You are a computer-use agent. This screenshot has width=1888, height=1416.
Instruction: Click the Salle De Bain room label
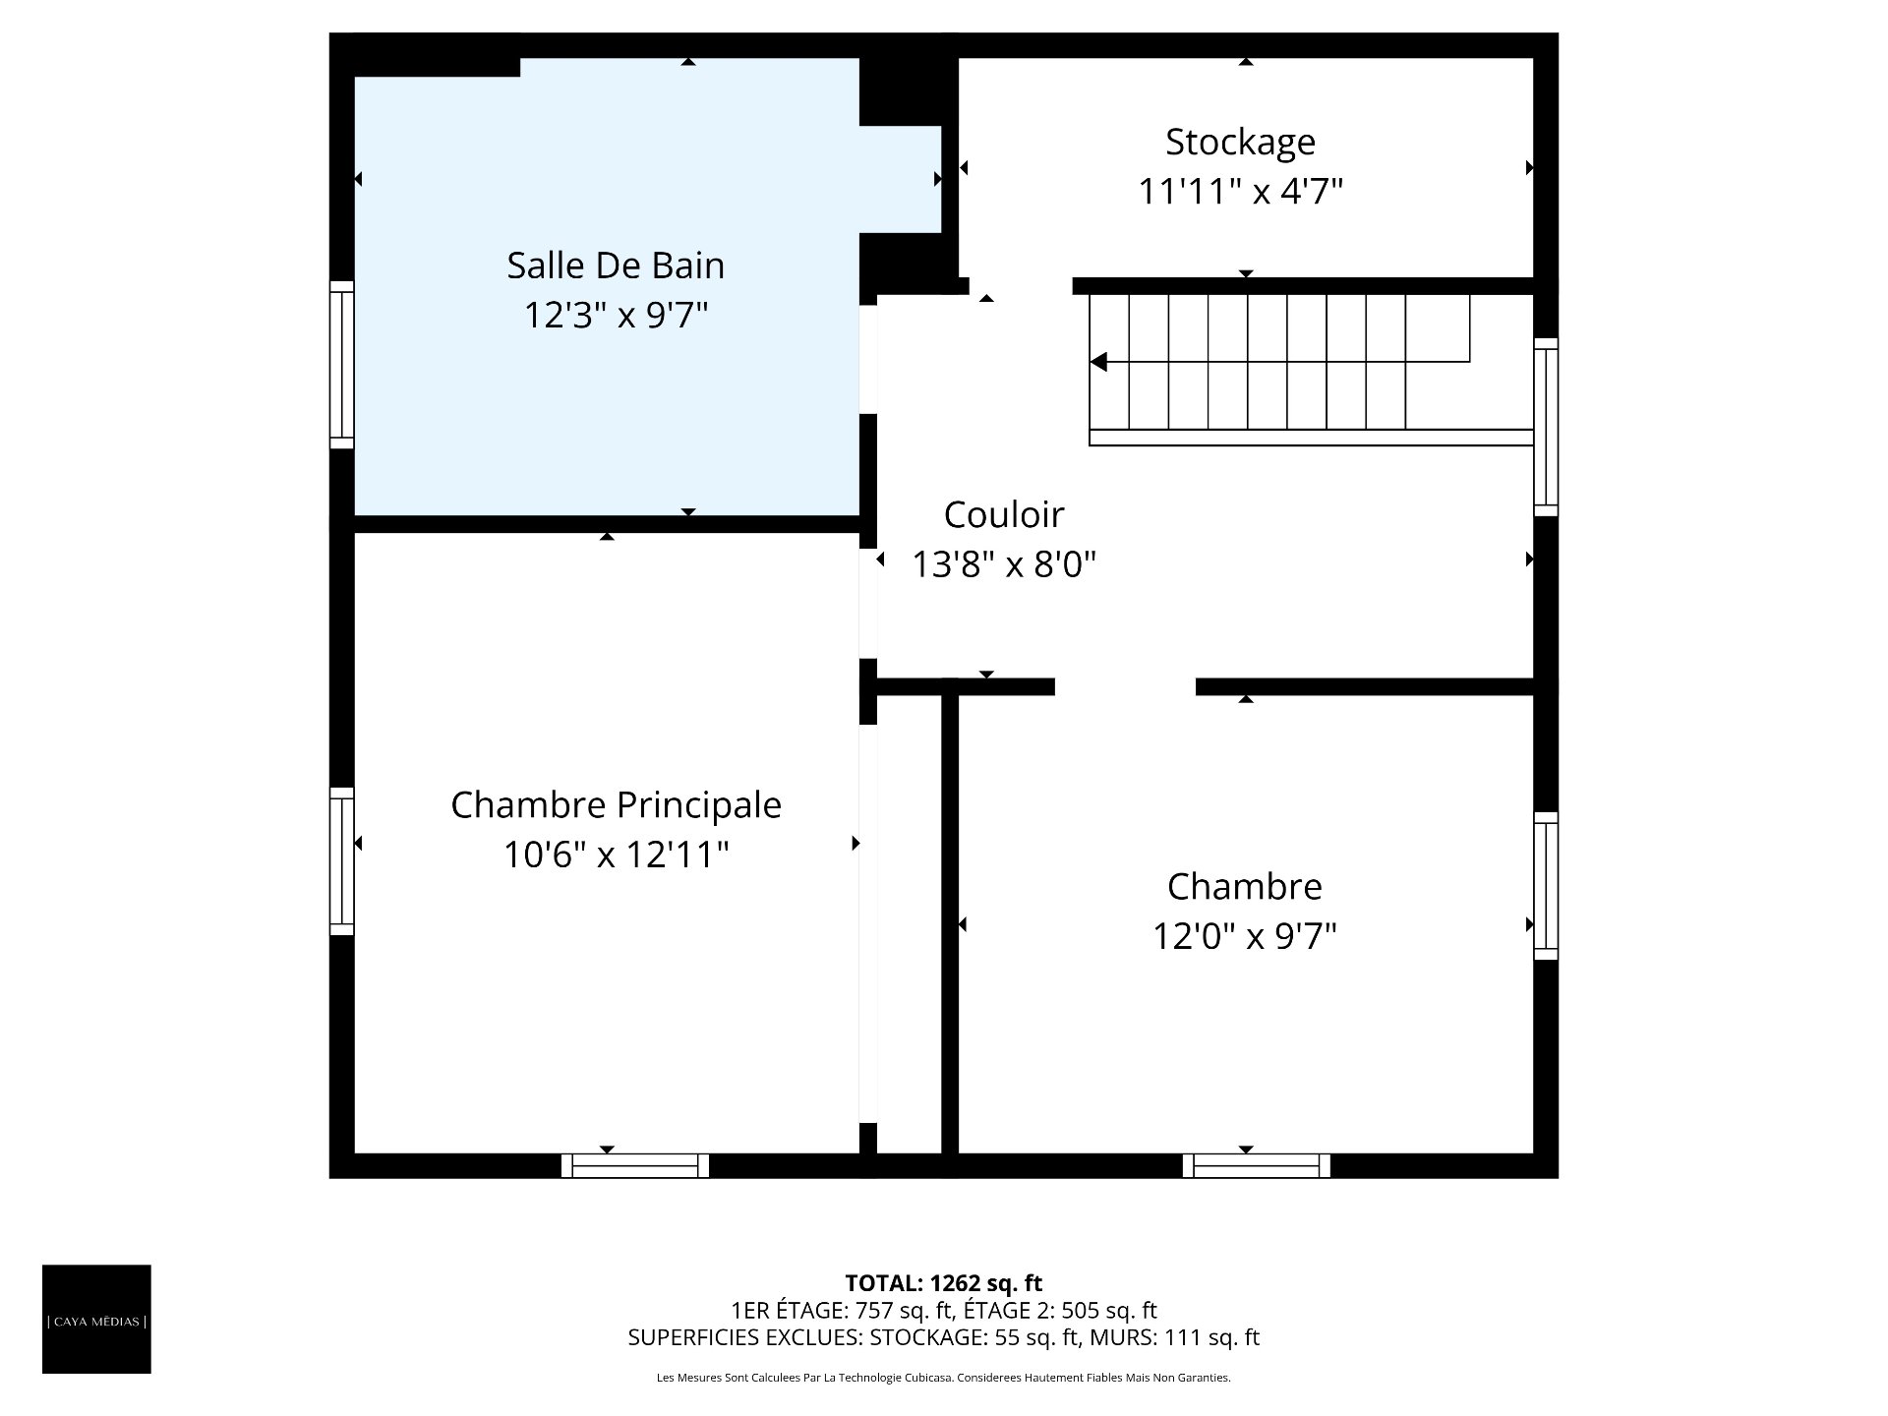click(x=616, y=265)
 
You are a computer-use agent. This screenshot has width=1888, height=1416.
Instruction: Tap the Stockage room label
click(x=1240, y=143)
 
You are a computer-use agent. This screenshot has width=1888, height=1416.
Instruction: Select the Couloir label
click(x=1004, y=514)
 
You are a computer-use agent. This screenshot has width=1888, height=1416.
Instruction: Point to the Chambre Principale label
click(x=616, y=805)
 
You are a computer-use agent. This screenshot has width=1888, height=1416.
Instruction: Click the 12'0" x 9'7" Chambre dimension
click(x=1244, y=936)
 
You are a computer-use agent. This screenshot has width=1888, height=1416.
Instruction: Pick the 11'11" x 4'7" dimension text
click(x=1240, y=191)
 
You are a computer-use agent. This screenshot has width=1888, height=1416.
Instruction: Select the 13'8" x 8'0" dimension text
click(x=1004, y=564)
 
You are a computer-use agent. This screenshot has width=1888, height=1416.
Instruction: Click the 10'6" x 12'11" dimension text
click(x=616, y=855)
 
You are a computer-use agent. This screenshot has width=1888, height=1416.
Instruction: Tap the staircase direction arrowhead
click(x=1098, y=362)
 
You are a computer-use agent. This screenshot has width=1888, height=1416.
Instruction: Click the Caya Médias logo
click(x=96, y=1319)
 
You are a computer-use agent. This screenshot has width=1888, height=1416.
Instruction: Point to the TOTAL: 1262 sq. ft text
click(x=943, y=1283)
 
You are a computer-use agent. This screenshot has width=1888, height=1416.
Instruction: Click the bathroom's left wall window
click(x=341, y=365)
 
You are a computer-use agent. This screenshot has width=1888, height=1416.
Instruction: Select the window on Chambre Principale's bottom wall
click(x=635, y=1165)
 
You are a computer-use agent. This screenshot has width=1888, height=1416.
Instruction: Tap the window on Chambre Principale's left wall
click(x=341, y=861)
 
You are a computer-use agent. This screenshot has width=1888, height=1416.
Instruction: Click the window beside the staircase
click(x=1546, y=427)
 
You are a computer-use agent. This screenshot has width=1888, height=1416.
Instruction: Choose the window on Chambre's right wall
click(x=1546, y=886)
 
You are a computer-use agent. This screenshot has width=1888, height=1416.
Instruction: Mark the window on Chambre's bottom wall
click(x=1257, y=1165)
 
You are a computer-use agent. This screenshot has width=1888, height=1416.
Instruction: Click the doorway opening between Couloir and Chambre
click(x=1125, y=686)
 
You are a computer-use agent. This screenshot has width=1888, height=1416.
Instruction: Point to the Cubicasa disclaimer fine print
click(x=943, y=1378)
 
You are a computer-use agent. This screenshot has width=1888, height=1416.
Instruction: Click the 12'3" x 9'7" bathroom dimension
click(x=616, y=316)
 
